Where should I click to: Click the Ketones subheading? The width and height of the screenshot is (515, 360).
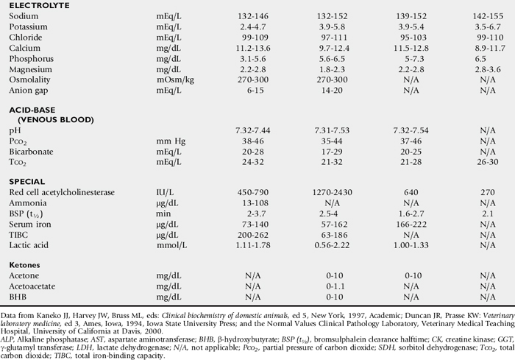pos(26,264)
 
